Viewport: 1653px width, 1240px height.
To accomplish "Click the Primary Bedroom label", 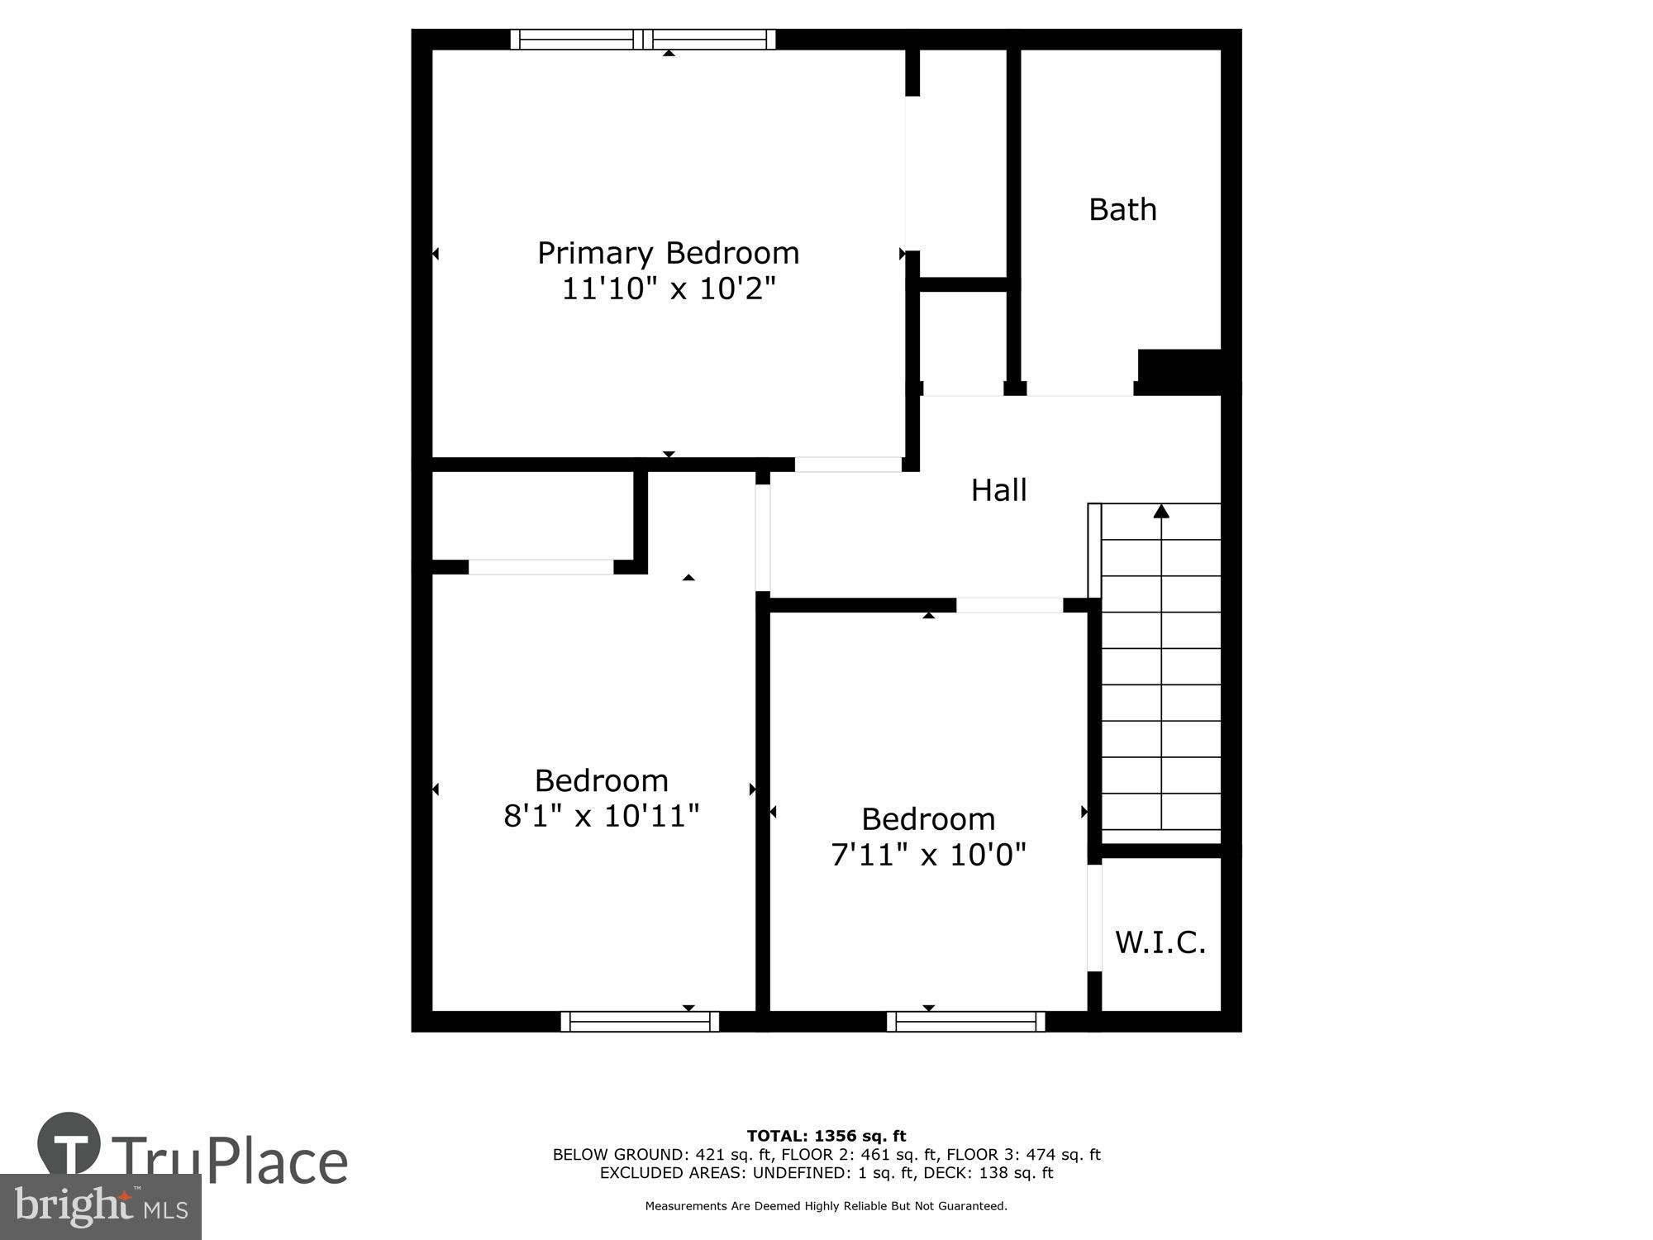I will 668,253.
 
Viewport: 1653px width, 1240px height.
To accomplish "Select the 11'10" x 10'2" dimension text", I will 669,289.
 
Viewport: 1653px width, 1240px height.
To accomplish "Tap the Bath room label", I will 1122,210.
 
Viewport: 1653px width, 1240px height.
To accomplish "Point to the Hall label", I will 998,490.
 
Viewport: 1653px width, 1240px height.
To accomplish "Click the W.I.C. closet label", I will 1160,942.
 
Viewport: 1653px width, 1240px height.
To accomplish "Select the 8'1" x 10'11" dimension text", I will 602,817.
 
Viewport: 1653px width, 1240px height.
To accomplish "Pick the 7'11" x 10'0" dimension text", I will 928,855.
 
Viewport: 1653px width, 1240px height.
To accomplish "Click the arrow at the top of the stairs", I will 1161,512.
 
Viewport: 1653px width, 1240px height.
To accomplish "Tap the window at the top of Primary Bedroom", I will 643,39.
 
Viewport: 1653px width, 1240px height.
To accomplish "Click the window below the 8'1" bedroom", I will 640,1022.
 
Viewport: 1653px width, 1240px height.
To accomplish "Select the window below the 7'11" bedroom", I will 965,1022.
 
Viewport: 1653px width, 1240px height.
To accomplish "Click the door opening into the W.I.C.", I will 1094,918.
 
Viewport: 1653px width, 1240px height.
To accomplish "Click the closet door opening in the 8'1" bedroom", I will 541,567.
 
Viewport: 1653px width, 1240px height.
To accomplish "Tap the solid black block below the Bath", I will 1180,371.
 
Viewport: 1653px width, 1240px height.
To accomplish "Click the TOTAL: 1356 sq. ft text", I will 826,1136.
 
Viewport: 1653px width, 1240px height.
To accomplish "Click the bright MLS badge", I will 101,1208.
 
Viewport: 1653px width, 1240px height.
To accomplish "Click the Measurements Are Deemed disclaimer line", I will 826,1206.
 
